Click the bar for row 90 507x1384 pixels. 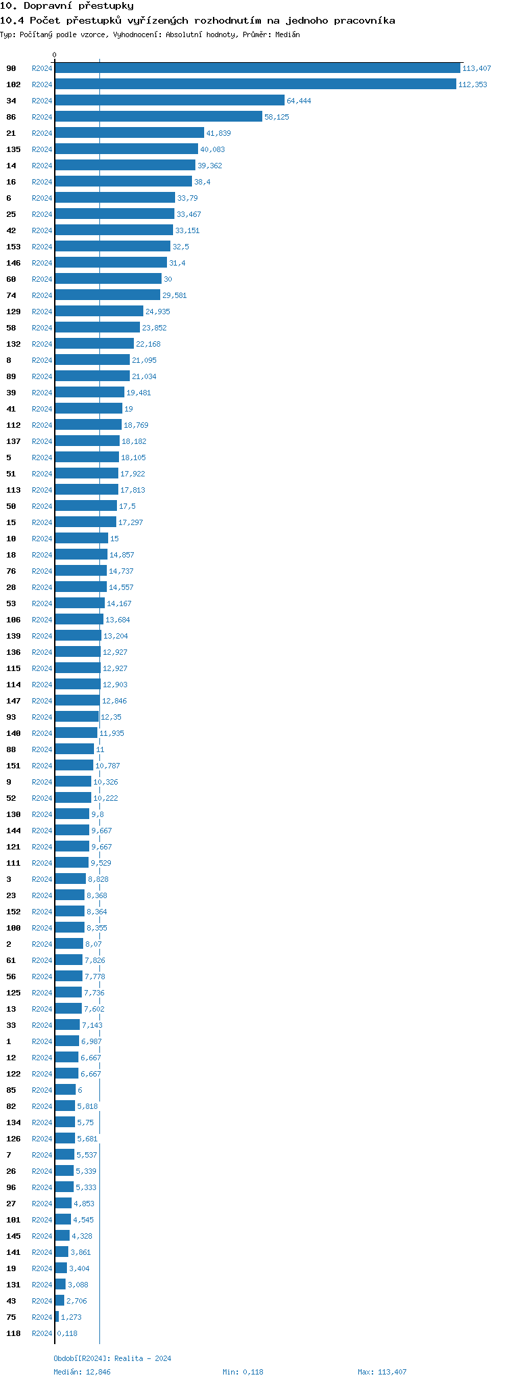[257, 68]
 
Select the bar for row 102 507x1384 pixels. [256, 84]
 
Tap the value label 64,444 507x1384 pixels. [299, 101]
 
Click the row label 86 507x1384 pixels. [11, 117]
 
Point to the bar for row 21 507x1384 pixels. [129, 133]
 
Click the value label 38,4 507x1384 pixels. [202, 182]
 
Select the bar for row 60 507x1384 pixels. [108, 279]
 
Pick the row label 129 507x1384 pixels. [14, 312]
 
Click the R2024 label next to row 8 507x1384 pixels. [42, 360]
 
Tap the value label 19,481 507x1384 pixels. [139, 393]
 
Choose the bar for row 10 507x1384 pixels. [81, 539]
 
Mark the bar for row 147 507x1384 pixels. [77, 701]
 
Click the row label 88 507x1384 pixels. [11, 749]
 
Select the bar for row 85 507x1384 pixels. [65, 1090]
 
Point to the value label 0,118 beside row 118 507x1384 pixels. [67, 1333]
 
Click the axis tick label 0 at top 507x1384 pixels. [55, 55]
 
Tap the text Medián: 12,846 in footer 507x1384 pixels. [82, 1372]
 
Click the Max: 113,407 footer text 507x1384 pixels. [382, 1372]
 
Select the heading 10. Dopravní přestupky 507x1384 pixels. [67, 6]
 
